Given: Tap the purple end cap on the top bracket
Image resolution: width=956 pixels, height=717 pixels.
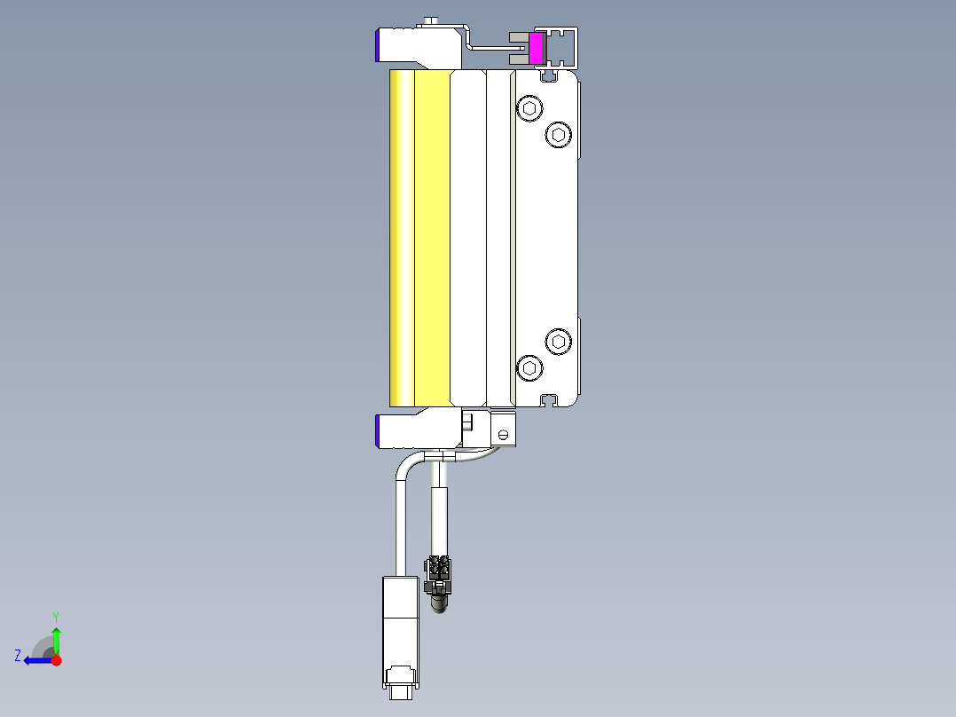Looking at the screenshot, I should (x=380, y=44).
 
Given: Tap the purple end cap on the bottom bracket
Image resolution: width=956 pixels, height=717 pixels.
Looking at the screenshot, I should (x=380, y=430).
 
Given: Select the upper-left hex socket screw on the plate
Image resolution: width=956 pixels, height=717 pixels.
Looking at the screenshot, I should (x=529, y=109).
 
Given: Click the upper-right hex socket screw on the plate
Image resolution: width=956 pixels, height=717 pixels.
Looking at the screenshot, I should (x=557, y=134).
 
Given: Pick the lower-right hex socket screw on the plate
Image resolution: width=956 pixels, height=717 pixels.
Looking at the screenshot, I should (x=557, y=341).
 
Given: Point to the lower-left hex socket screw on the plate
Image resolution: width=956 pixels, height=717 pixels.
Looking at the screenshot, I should (x=529, y=366).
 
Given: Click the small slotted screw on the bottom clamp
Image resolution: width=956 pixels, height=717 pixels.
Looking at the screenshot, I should (x=503, y=434).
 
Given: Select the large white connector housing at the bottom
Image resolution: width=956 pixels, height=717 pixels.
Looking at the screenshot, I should (x=399, y=621).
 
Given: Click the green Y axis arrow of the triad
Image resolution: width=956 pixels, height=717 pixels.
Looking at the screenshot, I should (x=56, y=637).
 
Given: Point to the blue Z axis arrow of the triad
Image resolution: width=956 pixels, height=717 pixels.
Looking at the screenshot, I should (x=34, y=659).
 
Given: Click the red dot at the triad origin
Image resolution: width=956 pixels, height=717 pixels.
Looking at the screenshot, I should (x=56, y=659).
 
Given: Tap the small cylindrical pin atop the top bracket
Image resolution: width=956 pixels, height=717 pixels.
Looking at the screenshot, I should (x=432, y=20).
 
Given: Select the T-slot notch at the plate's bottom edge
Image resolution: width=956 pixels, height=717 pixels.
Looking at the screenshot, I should (x=552, y=400).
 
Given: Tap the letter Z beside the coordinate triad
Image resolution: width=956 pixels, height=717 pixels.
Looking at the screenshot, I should (x=18, y=655).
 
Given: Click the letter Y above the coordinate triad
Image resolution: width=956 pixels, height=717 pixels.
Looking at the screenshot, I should (x=56, y=616).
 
